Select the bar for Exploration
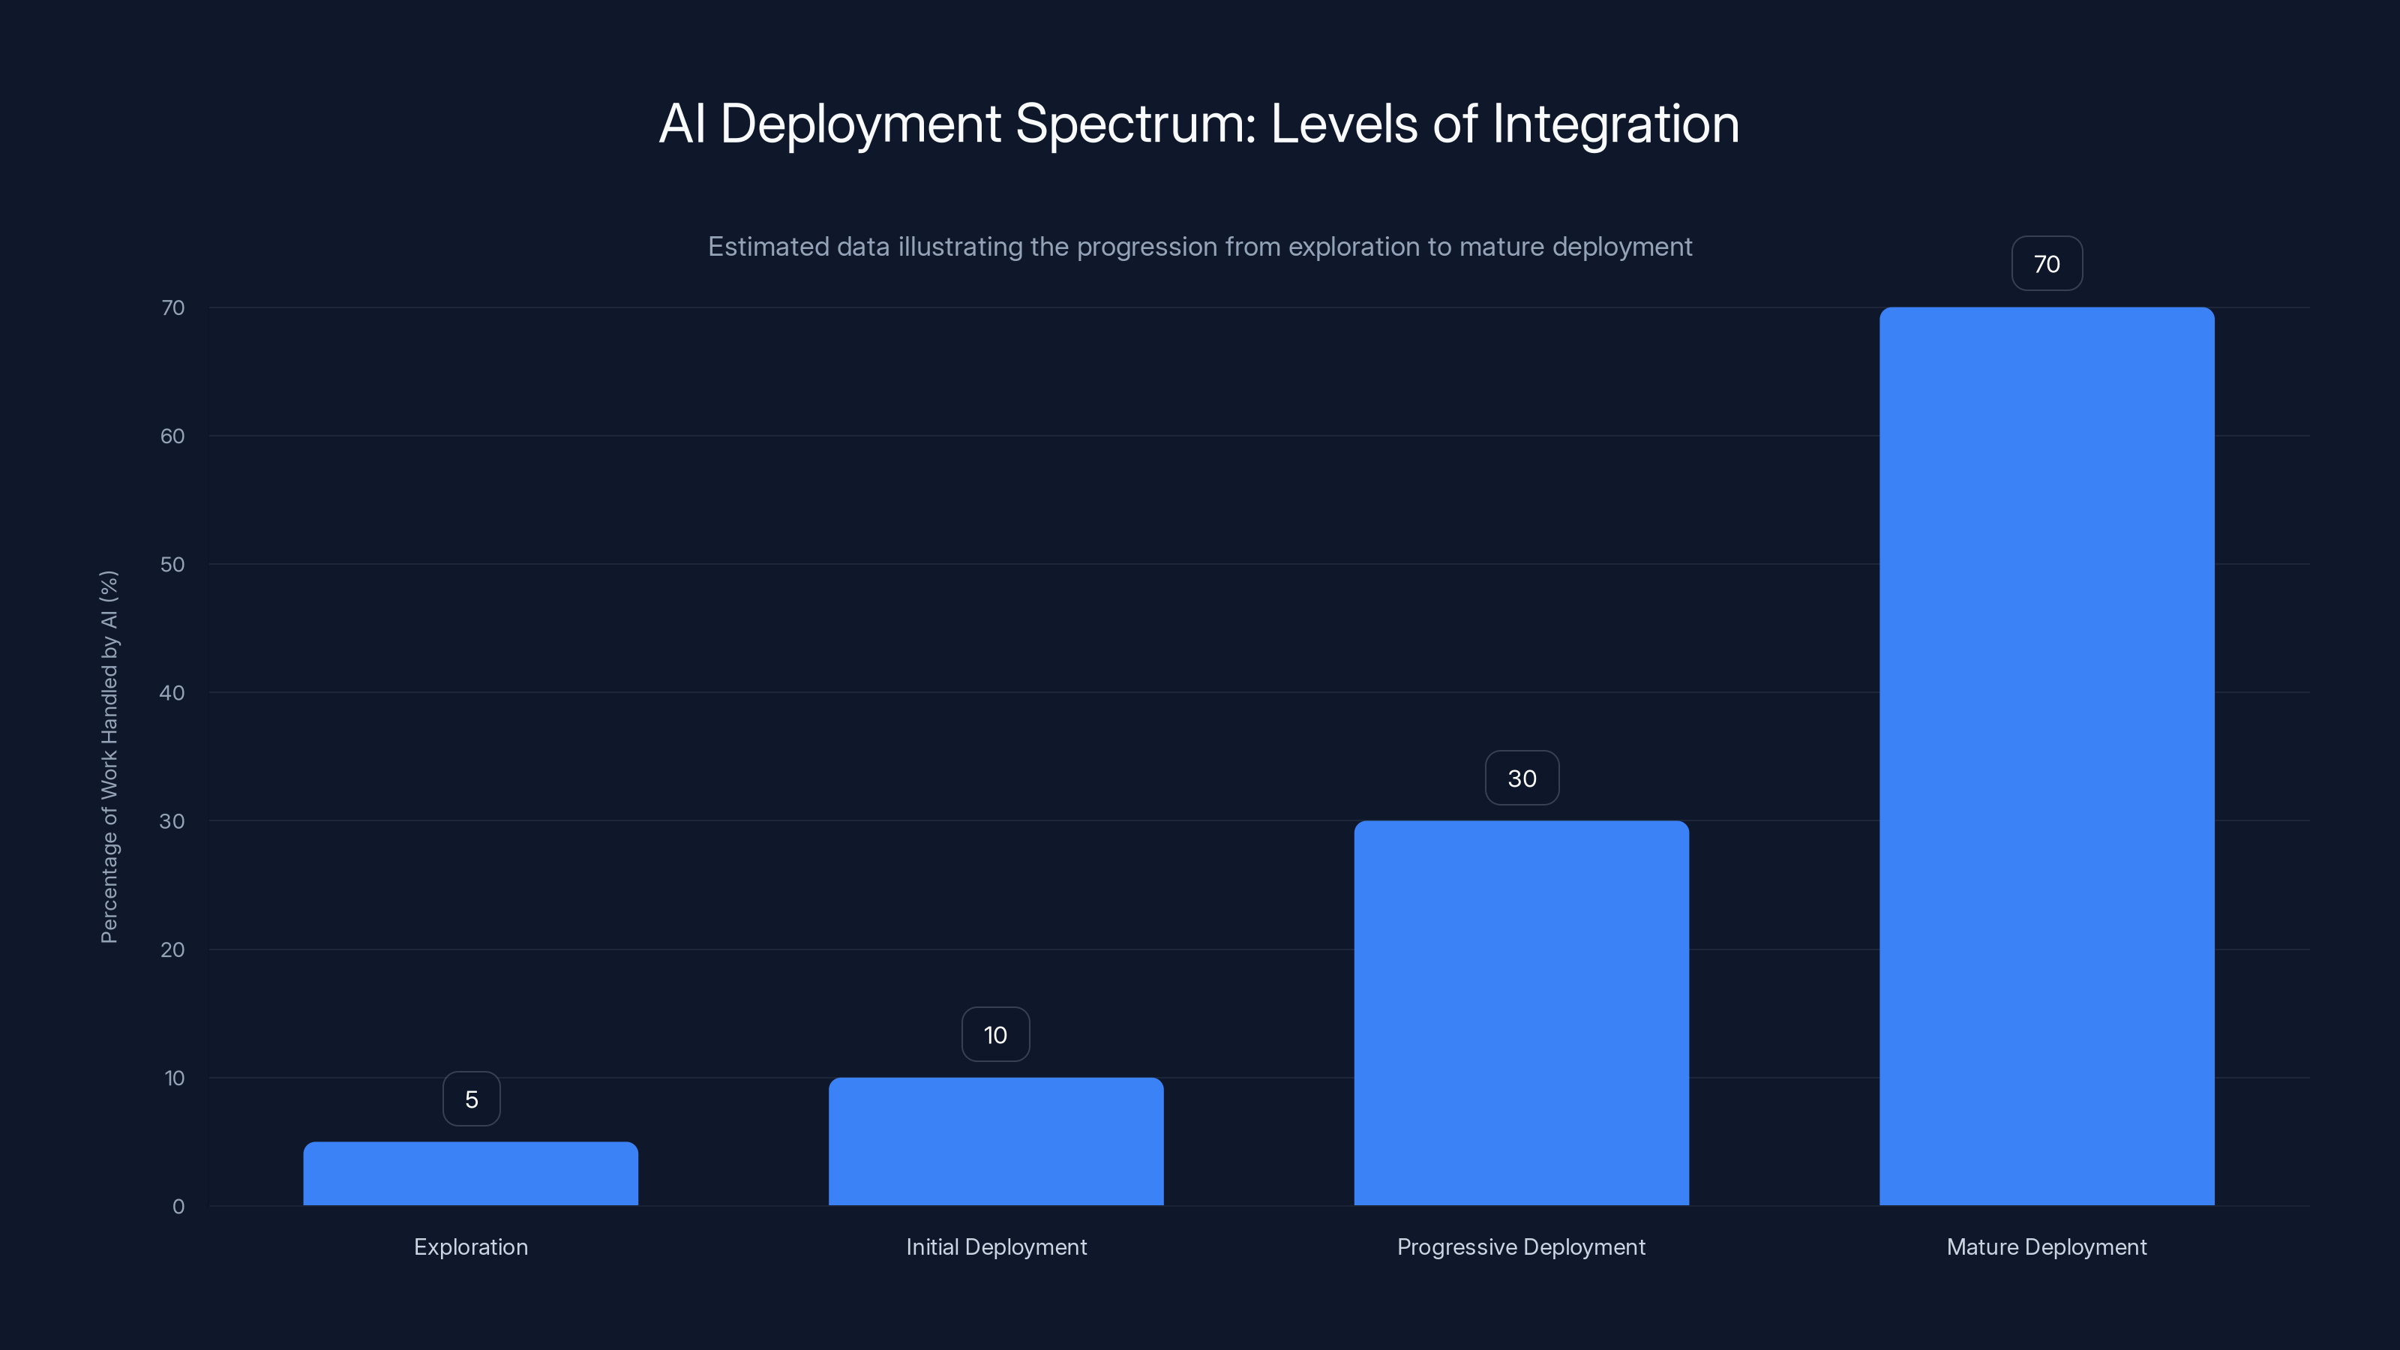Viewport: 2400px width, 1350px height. click(470, 1173)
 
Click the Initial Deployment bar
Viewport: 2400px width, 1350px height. click(996, 1141)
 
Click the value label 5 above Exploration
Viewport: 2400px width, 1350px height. click(472, 1099)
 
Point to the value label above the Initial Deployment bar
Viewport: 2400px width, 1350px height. click(995, 1034)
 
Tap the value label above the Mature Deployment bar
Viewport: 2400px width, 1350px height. click(2047, 264)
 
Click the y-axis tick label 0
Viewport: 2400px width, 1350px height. click(178, 1207)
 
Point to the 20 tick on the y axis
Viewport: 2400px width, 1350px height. click(172, 949)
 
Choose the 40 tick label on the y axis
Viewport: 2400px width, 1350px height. click(172, 692)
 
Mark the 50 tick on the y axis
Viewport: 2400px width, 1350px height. click(172, 564)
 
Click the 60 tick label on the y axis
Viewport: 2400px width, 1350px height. click(172, 436)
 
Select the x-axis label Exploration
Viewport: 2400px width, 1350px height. click(470, 1246)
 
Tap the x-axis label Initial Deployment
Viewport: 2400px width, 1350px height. click(996, 1246)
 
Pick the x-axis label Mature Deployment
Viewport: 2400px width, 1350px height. click(2046, 1246)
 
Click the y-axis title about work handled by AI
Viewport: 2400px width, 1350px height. click(109, 757)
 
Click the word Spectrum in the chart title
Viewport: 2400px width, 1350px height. click(1135, 124)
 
